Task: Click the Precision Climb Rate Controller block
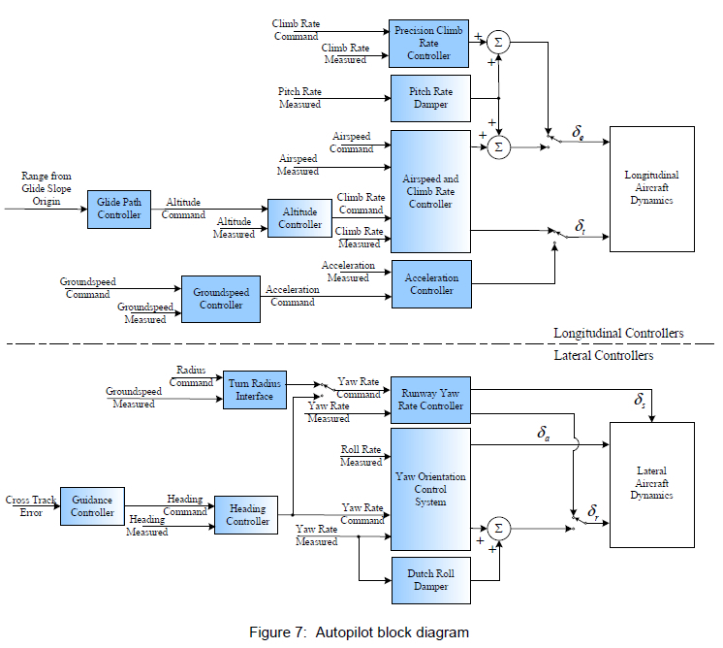tap(429, 43)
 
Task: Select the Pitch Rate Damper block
tap(429, 98)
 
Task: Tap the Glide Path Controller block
tap(119, 208)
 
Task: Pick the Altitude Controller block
tap(299, 218)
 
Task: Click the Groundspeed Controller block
tap(221, 298)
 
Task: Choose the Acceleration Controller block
tap(430, 283)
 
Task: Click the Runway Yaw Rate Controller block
tap(429, 400)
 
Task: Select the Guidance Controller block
tap(93, 505)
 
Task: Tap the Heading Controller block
tap(247, 514)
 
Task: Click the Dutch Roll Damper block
tap(429, 580)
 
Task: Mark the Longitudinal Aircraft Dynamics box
tap(651, 187)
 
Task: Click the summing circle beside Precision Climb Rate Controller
tap(499, 42)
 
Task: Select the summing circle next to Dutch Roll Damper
tap(498, 528)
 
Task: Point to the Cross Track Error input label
tap(31, 505)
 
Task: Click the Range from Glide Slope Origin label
tap(47, 189)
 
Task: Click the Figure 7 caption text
tap(359, 632)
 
